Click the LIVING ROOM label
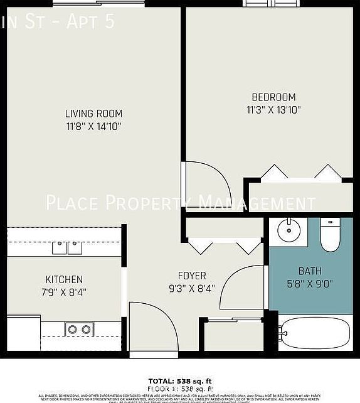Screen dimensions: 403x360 click(93, 114)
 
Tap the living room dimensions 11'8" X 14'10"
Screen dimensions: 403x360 click(93, 126)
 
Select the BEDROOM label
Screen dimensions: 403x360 click(273, 97)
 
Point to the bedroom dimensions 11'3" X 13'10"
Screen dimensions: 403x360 click(273, 110)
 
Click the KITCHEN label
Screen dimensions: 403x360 click(63, 279)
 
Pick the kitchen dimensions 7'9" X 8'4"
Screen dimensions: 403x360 click(63, 292)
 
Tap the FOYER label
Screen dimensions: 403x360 click(192, 276)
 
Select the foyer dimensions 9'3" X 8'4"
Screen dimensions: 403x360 click(192, 288)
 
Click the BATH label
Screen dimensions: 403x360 click(310, 271)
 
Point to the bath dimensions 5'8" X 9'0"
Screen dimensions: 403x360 click(310, 284)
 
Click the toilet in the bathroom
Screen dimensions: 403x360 click(329, 235)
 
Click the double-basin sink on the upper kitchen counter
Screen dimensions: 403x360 click(67, 247)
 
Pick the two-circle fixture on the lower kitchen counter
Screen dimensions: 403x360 click(80, 329)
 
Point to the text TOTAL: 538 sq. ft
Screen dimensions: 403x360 click(180, 381)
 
